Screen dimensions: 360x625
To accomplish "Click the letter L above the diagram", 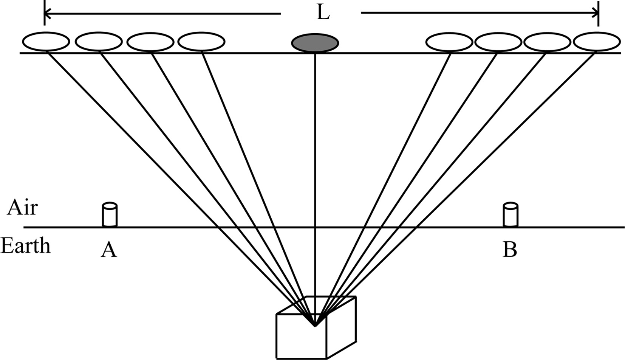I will [323, 13].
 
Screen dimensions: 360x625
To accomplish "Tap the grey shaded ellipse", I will [315, 42].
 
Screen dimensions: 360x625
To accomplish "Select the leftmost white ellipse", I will [46, 41].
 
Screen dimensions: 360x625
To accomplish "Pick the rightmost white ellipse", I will [597, 42].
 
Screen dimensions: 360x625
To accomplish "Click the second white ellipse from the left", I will [99, 41].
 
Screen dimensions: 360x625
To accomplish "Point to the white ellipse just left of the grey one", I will [201, 41].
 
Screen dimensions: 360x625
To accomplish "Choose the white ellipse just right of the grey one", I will [449, 42].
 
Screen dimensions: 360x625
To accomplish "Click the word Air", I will [22, 208].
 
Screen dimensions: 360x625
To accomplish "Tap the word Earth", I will [25, 246].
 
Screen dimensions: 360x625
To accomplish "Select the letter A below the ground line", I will [109, 250].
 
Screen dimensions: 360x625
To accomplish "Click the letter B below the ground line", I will [510, 250].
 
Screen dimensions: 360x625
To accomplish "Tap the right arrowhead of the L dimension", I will [596, 13].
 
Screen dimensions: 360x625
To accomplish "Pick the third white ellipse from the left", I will [150, 41].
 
